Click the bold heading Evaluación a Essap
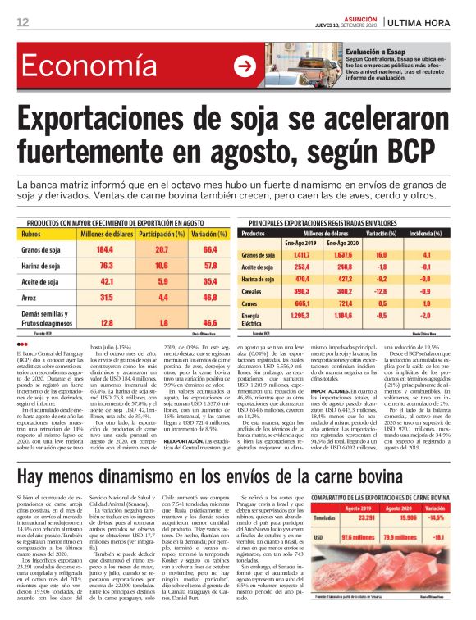(x=381, y=49)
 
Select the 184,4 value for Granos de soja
(x=105, y=248)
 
